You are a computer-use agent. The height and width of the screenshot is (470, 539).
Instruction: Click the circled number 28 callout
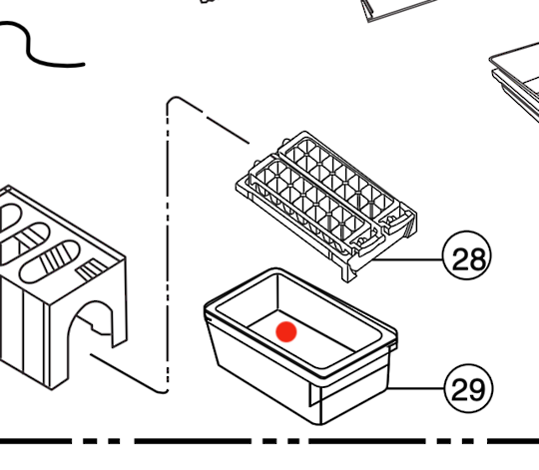click(466, 259)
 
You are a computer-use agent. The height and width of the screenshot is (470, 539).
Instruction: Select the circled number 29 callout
click(466, 388)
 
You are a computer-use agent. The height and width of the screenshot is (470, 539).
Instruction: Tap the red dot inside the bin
click(286, 331)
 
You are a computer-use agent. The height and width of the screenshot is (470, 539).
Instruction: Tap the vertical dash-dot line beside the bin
click(164, 249)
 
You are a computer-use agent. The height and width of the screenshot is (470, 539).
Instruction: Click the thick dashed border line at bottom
click(269, 440)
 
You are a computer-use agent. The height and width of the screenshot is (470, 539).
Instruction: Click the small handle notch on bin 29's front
click(319, 399)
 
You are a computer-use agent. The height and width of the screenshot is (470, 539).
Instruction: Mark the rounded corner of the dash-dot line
click(172, 102)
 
